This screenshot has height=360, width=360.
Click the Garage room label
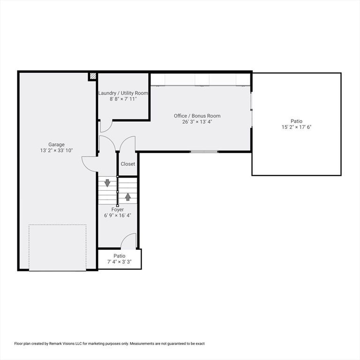pyautogui.click(x=56, y=144)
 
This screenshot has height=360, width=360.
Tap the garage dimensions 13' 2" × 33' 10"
pyautogui.click(x=56, y=150)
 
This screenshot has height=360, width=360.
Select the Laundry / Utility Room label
pyautogui.click(x=123, y=93)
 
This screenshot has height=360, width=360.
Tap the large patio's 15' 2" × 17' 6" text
pyautogui.click(x=296, y=127)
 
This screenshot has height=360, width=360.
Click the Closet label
pyautogui.click(x=128, y=164)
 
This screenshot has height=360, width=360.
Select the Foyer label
pyautogui.click(x=118, y=210)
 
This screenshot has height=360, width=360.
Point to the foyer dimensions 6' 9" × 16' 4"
pyautogui.click(x=118, y=216)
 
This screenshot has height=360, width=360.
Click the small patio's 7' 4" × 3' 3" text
pyautogui.click(x=120, y=262)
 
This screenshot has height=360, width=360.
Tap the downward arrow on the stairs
pyautogui.click(x=107, y=183)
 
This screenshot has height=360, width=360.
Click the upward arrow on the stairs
pyautogui.click(x=127, y=196)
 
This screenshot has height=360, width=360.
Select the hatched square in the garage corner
pyautogui.click(x=93, y=76)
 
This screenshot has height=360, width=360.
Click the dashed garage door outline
pyautogui.click(x=58, y=247)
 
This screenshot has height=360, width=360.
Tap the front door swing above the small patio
pyautogui.click(x=128, y=241)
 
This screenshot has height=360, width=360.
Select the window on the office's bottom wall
pyautogui.click(x=204, y=151)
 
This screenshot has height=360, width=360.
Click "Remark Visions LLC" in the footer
pyautogui.click(x=65, y=344)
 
